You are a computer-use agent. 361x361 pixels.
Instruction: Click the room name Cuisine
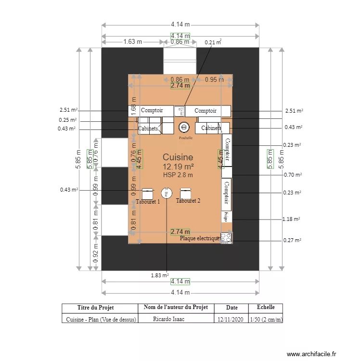coord(178,157)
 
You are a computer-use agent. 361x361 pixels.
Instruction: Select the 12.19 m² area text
coord(178,167)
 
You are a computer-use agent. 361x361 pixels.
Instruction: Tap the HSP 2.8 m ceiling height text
coord(178,175)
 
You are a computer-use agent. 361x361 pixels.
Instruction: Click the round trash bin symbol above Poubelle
coord(183,127)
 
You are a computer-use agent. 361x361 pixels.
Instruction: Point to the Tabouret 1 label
coord(148,202)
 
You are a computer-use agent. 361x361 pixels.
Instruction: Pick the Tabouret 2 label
coord(188,201)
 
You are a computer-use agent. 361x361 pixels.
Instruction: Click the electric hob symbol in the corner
coord(226,237)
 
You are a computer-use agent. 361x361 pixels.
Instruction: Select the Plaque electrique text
coord(200,238)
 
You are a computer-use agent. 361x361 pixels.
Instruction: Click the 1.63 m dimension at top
coord(132,41)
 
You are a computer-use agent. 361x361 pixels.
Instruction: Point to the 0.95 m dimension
coord(215,79)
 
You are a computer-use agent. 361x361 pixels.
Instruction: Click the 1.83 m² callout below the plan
coord(159,276)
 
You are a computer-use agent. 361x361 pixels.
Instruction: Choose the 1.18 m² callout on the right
coord(291,219)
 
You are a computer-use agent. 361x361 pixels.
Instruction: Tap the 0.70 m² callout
coord(292,175)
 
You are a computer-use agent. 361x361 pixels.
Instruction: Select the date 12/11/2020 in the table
coord(232,319)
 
